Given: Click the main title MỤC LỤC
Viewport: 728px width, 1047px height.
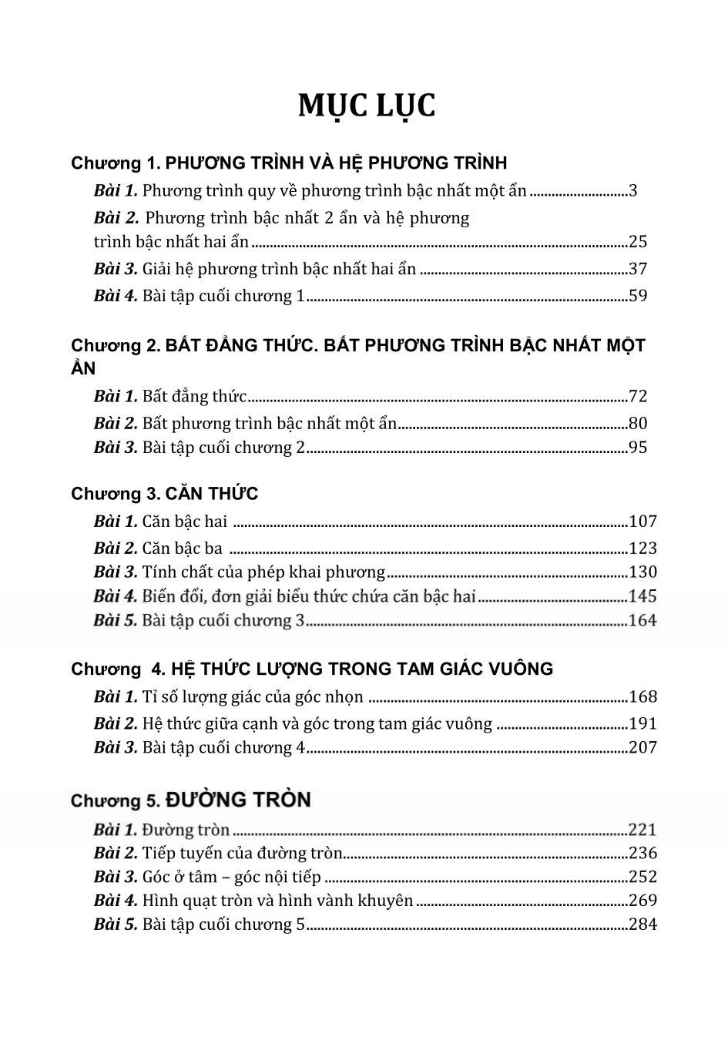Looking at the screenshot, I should (367, 106).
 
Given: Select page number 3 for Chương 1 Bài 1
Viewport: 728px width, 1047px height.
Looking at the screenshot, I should (632, 190).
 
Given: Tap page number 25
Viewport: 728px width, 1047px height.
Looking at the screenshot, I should (638, 241).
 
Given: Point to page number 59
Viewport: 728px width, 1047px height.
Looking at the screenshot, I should (638, 295).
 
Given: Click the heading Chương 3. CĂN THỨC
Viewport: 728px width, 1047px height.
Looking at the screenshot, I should (164, 493).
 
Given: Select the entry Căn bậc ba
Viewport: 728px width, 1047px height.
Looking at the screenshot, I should (182, 548).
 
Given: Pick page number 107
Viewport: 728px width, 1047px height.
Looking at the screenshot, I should (642, 521).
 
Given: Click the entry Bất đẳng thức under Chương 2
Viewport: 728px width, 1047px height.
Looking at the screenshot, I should (194, 396).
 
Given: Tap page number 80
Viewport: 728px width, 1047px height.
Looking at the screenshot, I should (638, 423).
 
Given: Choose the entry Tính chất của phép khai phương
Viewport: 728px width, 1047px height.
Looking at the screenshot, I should (263, 572).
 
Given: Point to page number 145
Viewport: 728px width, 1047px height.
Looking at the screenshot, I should (642, 596).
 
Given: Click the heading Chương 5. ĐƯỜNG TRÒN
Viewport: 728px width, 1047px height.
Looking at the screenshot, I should (190, 800).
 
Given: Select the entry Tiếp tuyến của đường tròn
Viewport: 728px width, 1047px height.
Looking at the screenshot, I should (242, 853).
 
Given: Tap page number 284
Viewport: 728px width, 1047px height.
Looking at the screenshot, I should (642, 924).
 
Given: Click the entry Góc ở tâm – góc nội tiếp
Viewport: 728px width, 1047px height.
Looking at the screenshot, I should (231, 876).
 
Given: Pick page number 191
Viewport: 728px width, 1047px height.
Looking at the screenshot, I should (642, 723).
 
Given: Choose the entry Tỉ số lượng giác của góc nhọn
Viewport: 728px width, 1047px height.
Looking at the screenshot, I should (253, 696).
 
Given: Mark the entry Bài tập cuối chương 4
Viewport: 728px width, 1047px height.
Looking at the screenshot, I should (223, 747).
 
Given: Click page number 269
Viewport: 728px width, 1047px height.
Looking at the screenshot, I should (642, 900).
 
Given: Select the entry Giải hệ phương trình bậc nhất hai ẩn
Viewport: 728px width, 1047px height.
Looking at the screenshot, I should (279, 268).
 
